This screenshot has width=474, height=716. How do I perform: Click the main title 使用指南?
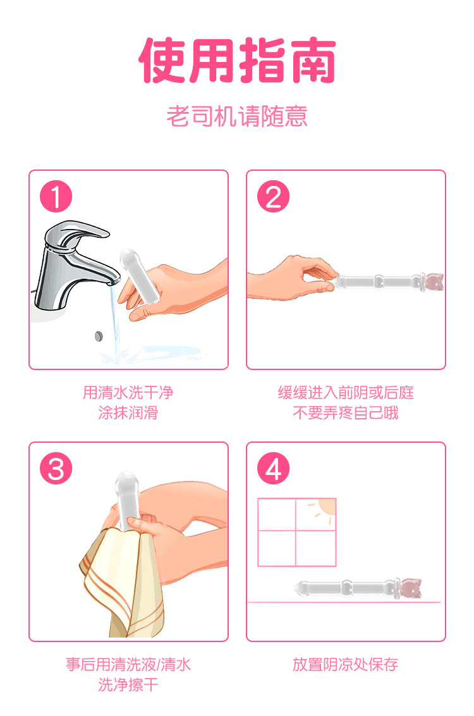coord(237,60)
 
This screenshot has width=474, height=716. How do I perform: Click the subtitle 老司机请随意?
coord(237,116)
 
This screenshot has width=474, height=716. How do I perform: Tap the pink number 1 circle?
coord(56,196)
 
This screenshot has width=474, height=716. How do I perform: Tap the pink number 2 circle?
coord(273,196)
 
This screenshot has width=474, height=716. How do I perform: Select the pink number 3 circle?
coord(56,469)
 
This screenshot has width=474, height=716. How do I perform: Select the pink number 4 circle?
coord(273,469)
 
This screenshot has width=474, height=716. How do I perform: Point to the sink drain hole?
coord(99,336)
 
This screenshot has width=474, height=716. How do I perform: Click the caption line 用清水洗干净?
coord(128,392)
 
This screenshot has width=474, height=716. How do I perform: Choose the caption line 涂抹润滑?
coord(128,413)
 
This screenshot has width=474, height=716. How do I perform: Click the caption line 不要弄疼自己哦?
coord(346,413)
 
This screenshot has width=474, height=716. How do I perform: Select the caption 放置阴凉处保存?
coord(346,664)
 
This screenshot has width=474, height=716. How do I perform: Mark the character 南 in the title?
coord(312,60)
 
